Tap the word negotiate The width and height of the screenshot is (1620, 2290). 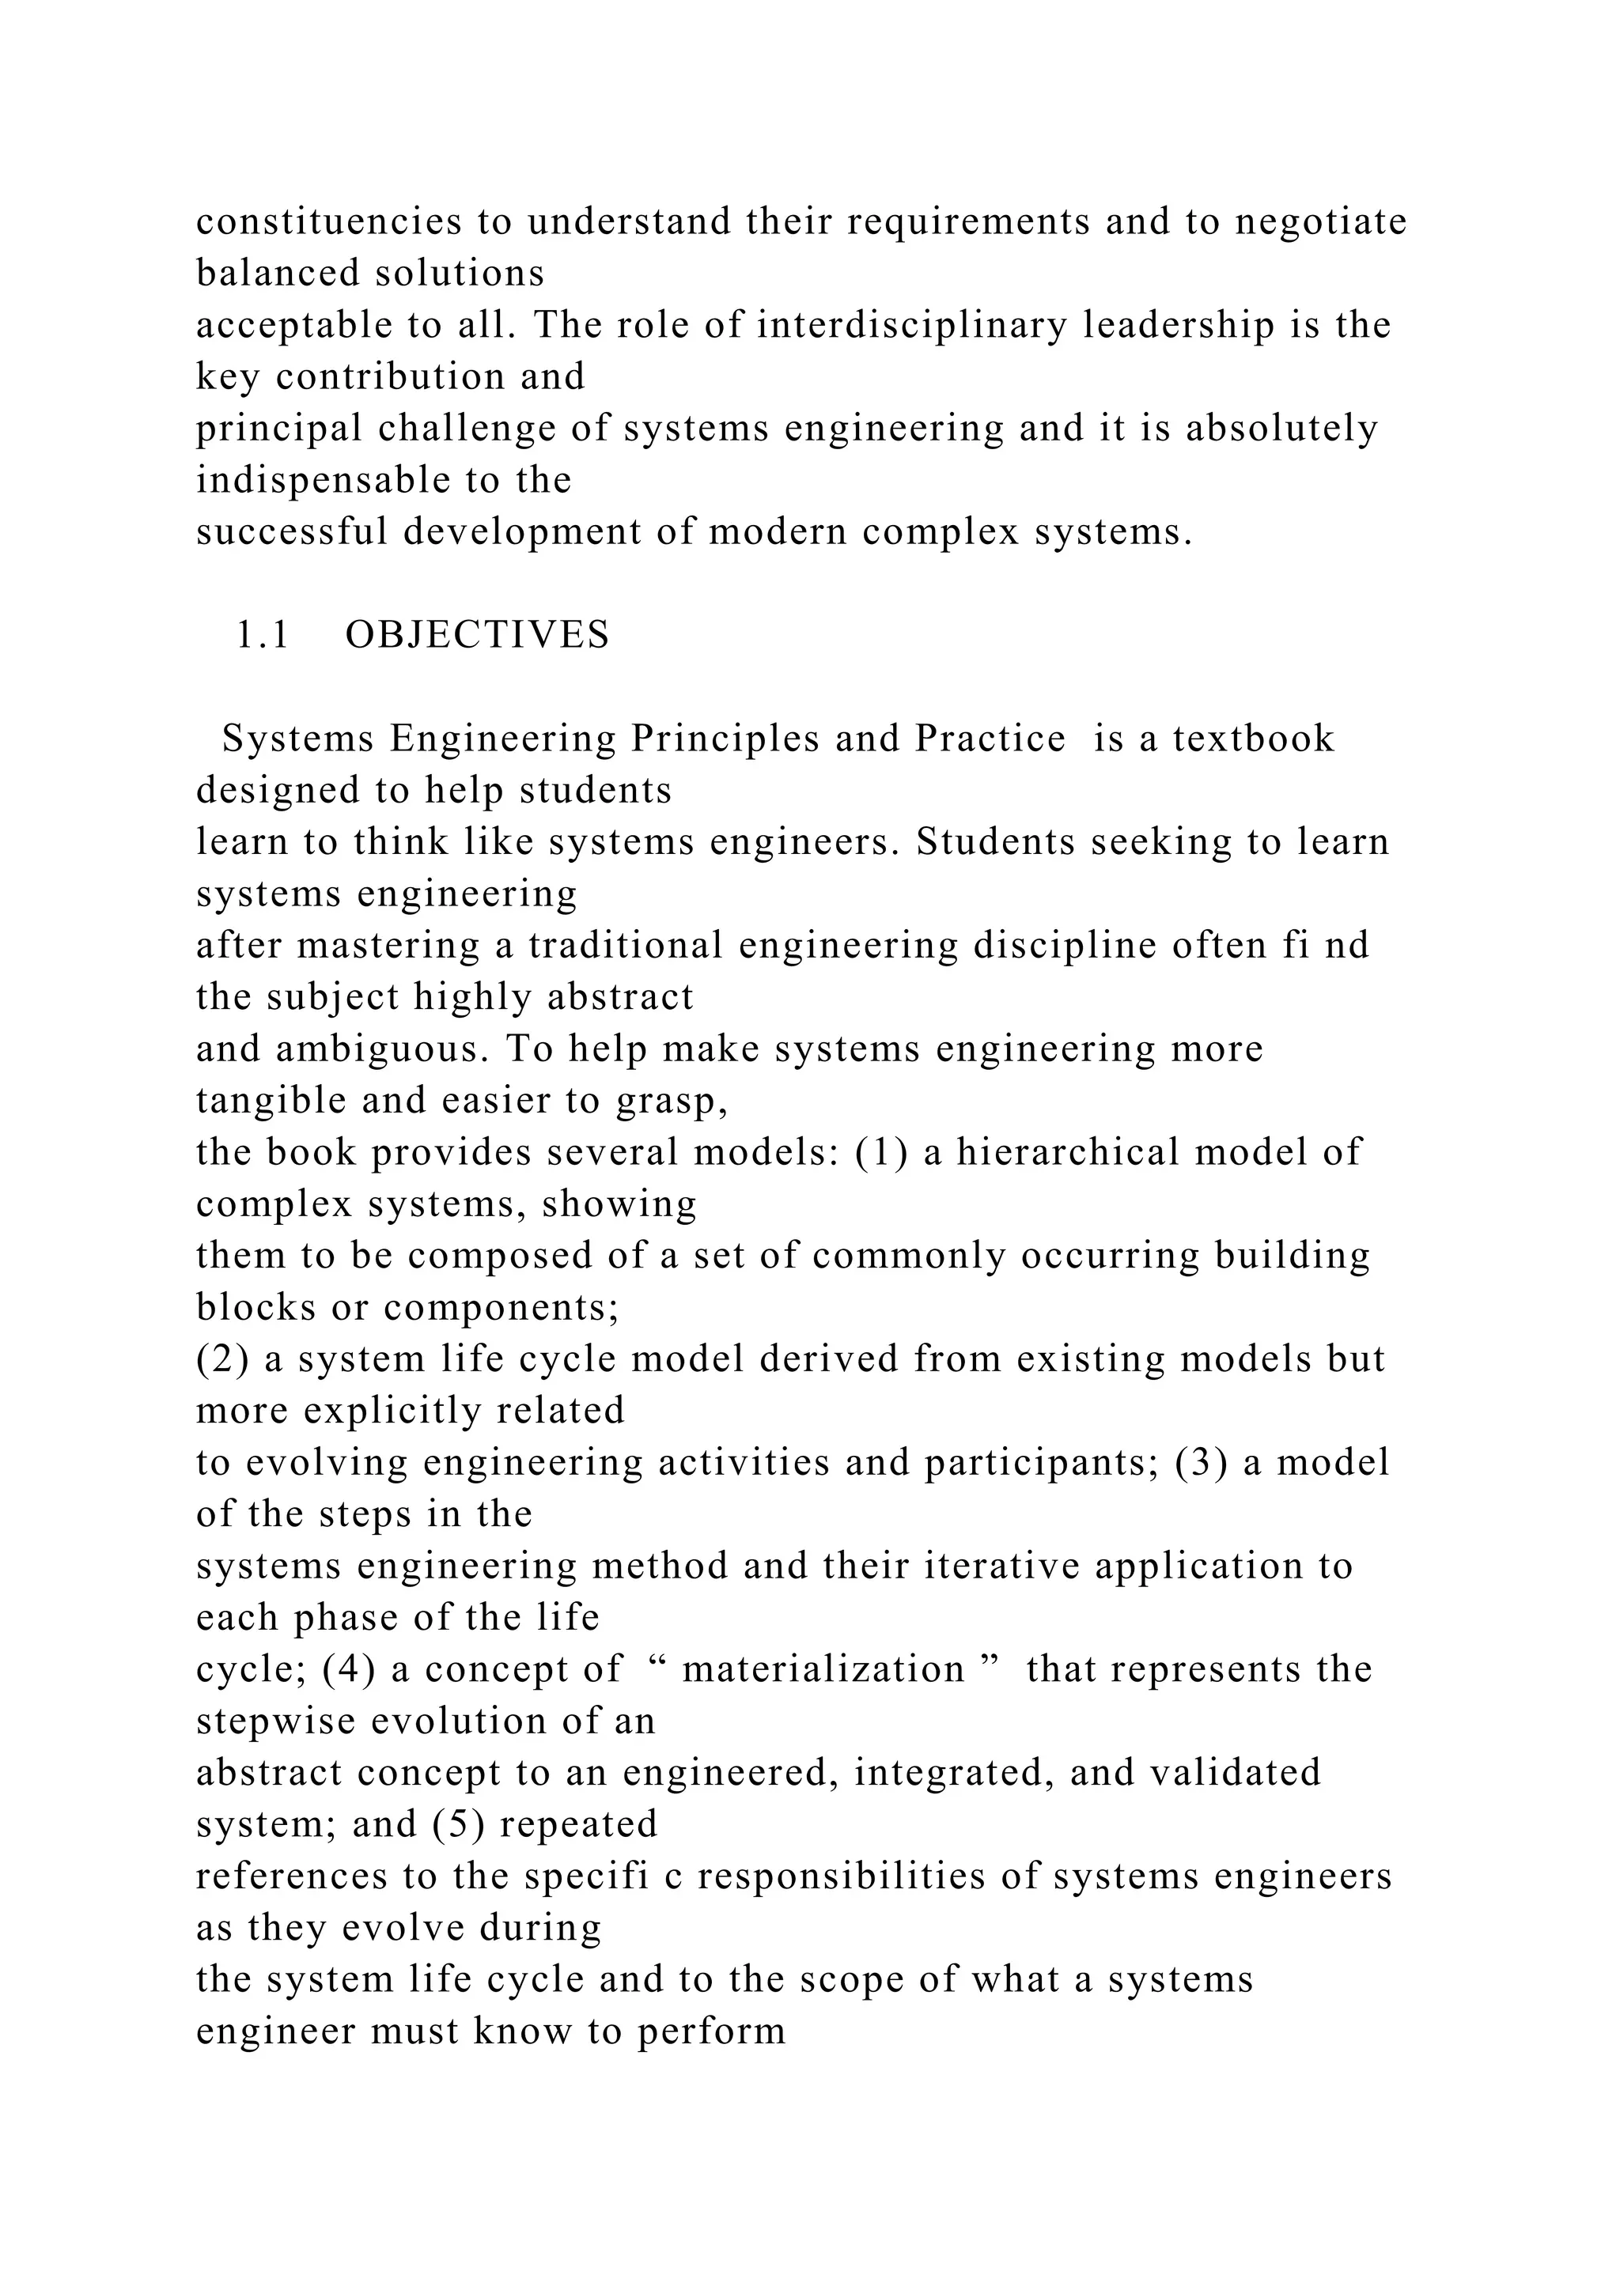point(1321,221)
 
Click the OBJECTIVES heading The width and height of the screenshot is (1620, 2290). point(477,635)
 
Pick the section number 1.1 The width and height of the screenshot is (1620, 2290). point(263,635)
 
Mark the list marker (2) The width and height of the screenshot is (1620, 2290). point(221,1359)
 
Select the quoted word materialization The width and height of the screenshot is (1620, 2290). point(823,1669)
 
